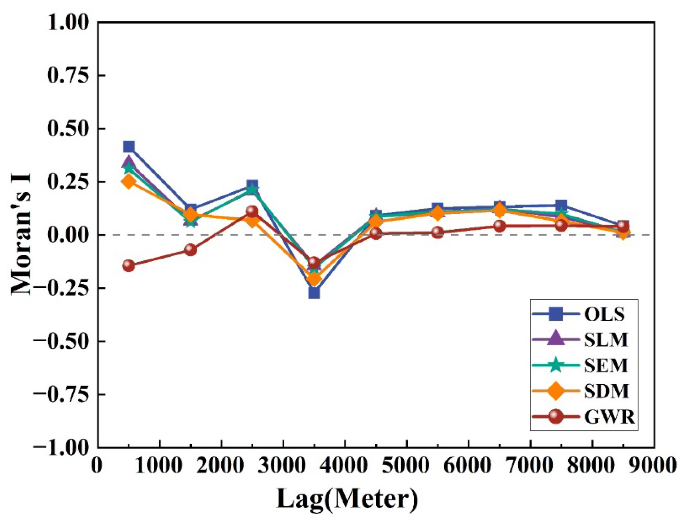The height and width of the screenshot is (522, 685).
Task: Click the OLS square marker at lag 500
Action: coord(128,147)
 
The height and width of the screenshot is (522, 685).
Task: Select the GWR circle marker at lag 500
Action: coord(128,265)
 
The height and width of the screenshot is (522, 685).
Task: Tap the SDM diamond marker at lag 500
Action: coord(128,182)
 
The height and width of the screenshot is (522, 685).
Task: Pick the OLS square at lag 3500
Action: coord(314,292)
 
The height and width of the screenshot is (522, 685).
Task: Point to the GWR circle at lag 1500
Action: coord(190,249)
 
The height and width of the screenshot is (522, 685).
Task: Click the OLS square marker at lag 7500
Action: coord(561,205)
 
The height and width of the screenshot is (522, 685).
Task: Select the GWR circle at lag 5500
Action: coord(437,232)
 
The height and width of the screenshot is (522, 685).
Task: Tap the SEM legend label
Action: coord(606,366)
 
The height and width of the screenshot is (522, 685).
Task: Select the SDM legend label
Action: coord(606,391)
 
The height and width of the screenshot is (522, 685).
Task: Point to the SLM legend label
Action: coord(606,340)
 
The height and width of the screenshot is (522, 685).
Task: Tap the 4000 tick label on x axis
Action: coord(345,466)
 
